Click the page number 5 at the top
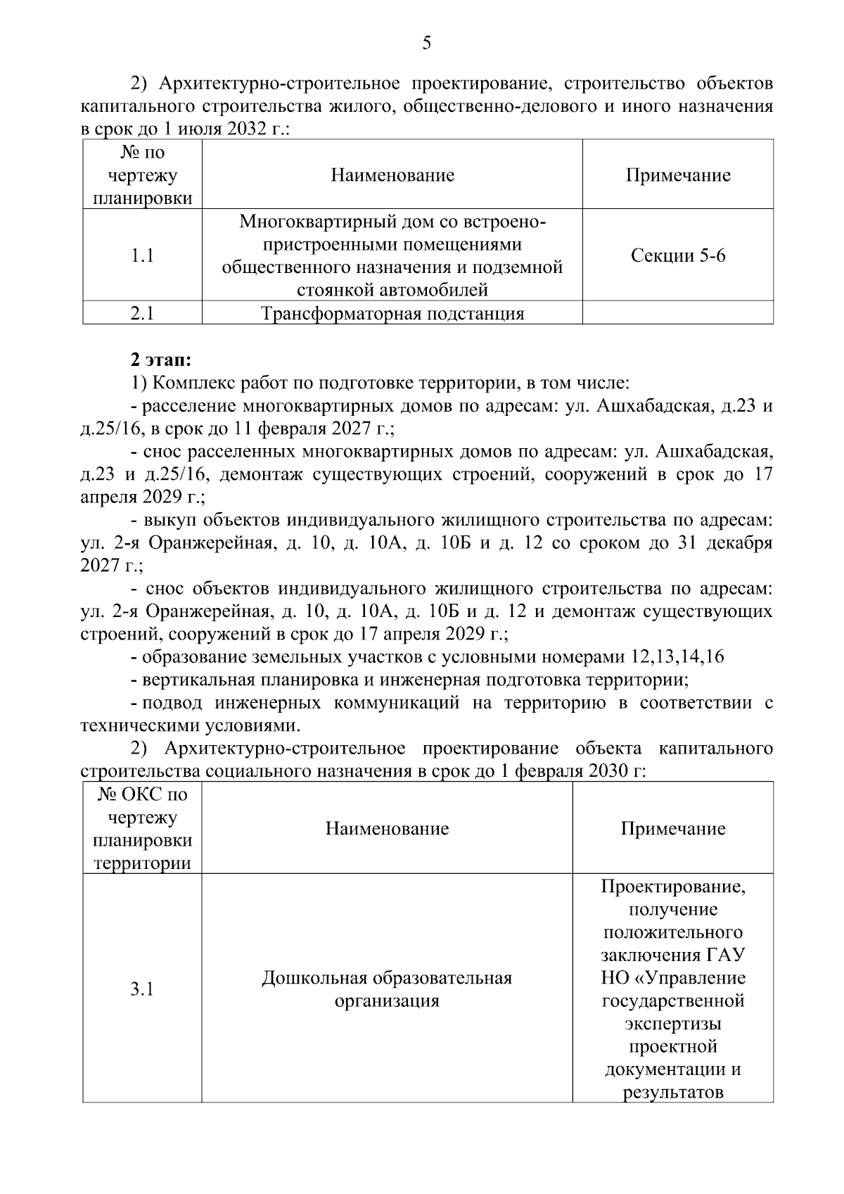tap(426, 44)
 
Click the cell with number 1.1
tap(142, 255)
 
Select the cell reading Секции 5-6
tap(677, 255)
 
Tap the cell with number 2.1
tap(142, 313)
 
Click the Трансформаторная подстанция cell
tap(392, 313)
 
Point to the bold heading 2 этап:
tap(160, 360)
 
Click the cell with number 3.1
tap(142, 989)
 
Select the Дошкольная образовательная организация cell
tap(387, 989)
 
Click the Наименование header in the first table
tap(392, 174)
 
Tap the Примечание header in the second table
tap(672, 828)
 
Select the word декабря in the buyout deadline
tap(739, 542)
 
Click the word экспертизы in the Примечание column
tap(672, 1023)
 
